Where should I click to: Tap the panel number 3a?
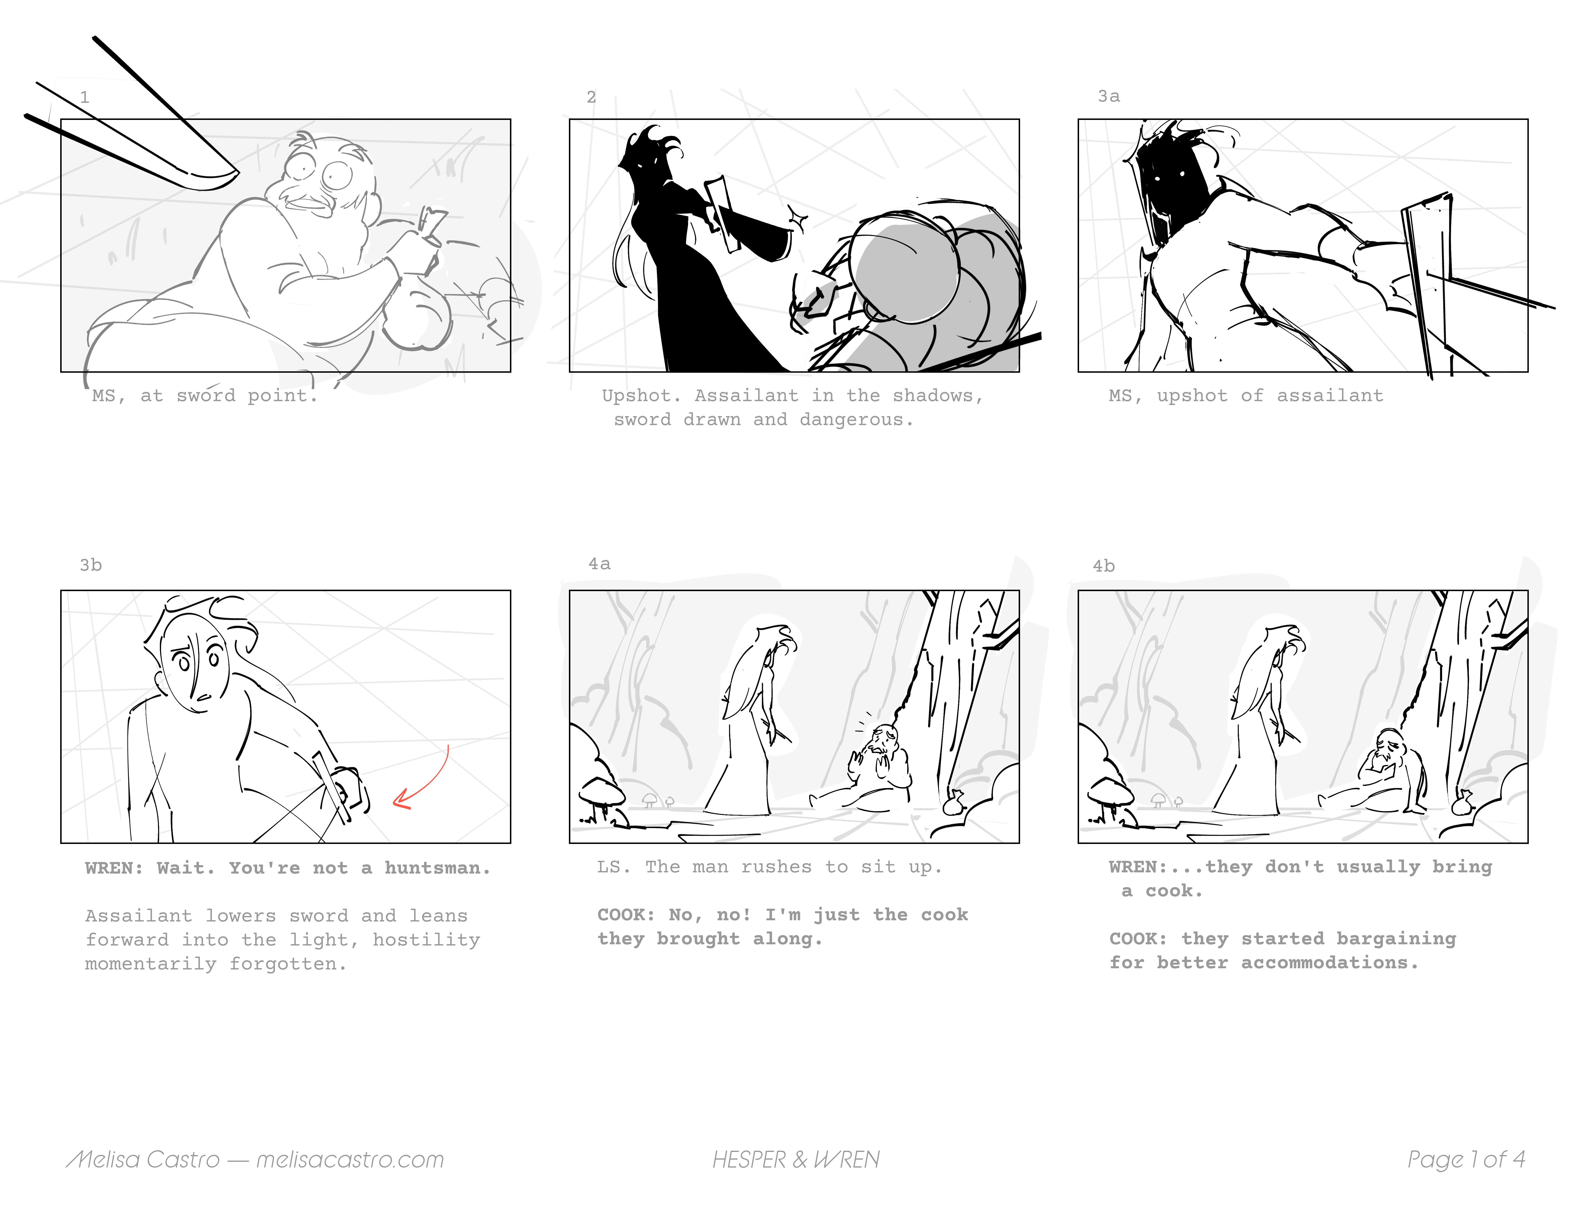(1109, 96)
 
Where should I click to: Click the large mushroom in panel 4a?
(601, 793)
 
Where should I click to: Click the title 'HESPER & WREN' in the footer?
(796, 1159)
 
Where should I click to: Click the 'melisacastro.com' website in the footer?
(350, 1159)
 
